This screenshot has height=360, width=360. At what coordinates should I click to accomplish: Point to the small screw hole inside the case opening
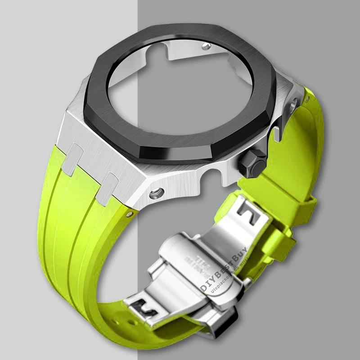coord(206,46)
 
